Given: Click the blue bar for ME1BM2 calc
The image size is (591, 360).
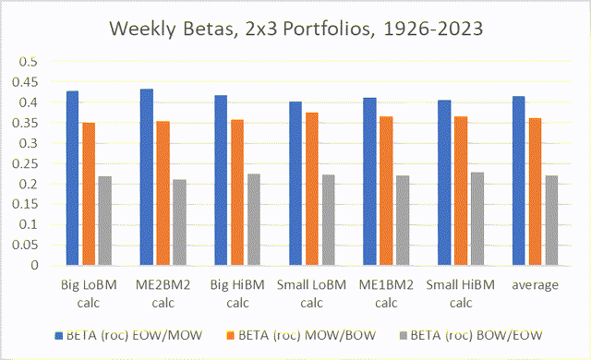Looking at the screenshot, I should click(369, 182).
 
